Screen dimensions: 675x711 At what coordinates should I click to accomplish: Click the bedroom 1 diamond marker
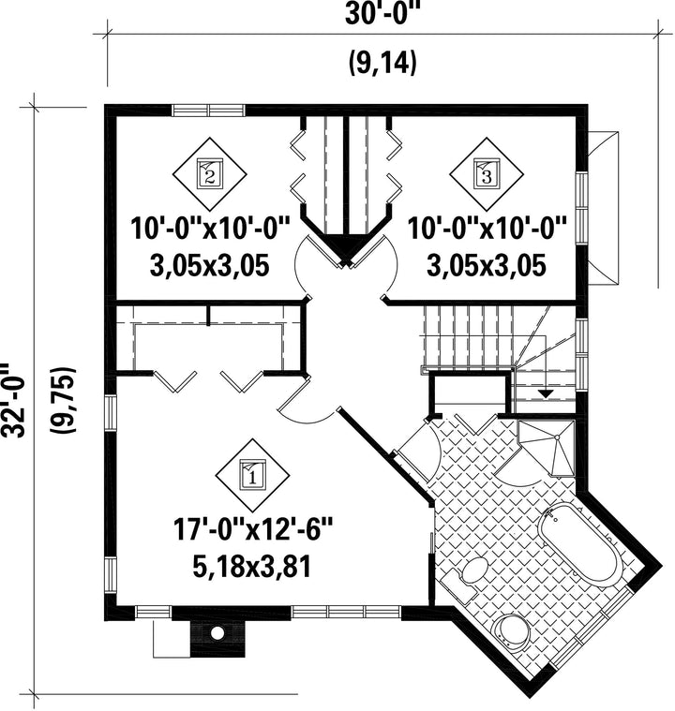(x=252, y=475)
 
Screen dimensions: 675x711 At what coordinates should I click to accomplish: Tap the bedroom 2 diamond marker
(x=210, y=174)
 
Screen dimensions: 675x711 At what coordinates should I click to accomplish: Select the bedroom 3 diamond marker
(x=487, y=174)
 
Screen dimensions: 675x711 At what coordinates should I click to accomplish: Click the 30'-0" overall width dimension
(x=381, y=14)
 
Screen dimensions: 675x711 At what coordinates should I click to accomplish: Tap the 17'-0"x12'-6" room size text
(x=253, y=530)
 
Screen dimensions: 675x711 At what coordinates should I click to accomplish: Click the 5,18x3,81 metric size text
(x=252, y=567)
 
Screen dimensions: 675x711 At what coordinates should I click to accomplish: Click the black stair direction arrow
(x=546, y=393)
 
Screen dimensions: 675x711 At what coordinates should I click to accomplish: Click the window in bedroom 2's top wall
(x=208, y=111)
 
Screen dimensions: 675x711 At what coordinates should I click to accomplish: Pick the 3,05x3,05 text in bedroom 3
(x=487, y=265)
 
